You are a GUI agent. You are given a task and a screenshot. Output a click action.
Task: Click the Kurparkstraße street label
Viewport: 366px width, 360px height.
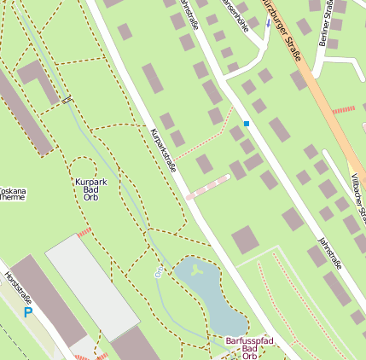[x=162, y=151]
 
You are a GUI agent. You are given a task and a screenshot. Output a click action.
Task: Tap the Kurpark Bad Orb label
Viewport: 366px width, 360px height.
[x=90, y=189]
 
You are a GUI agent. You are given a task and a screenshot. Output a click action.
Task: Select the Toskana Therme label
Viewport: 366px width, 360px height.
[x=12, y=193]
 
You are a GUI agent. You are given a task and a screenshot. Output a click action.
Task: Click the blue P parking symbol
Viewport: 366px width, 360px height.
[x=27, y=313]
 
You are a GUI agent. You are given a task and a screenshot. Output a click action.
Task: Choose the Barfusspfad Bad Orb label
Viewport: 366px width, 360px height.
[x=249, y=348]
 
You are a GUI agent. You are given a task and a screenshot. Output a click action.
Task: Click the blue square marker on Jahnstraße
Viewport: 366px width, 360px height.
[x=247, y=124]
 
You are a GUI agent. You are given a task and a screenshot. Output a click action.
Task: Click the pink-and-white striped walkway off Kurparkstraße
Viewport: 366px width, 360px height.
[x=208, y=187]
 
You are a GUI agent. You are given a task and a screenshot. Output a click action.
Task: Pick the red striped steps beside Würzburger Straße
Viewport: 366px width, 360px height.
[x=343, y=109]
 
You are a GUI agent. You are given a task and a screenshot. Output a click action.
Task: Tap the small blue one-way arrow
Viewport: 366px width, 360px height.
[x=267, y=23]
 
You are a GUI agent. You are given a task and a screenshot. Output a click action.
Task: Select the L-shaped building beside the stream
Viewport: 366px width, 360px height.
[x=38, y=78]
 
